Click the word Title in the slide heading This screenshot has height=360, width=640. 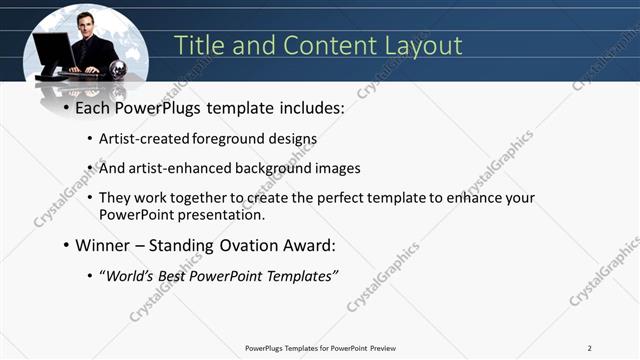[198, 46]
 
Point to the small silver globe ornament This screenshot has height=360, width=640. [118, 69]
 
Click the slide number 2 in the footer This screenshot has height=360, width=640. [590, 348]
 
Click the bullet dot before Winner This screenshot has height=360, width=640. [67, 243]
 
